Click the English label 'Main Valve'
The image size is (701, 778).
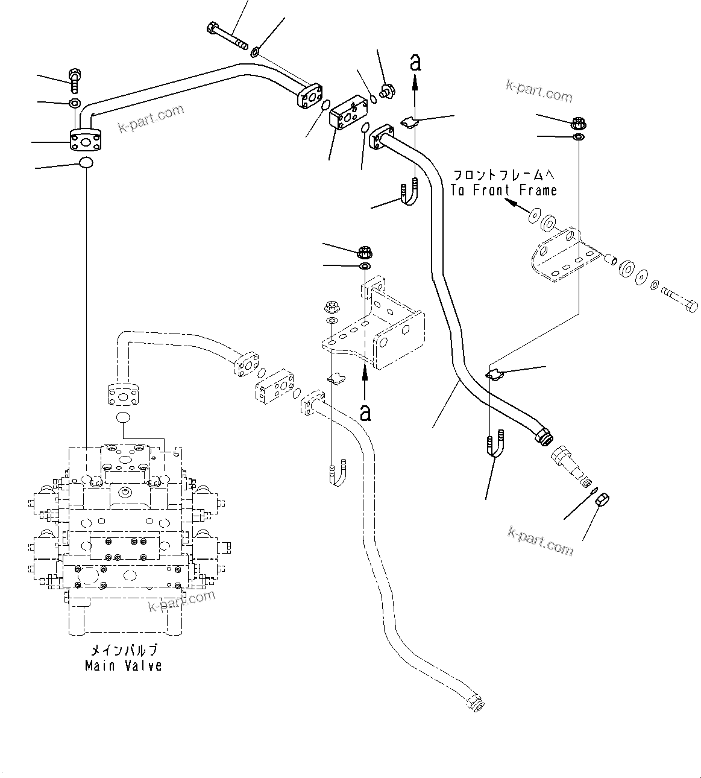point(124,666)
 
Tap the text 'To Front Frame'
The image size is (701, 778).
point(504,190)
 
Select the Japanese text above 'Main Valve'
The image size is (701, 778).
point(124,650)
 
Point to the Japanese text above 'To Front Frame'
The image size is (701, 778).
point(504,176)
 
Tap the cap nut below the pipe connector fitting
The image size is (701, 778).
point(602,500)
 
